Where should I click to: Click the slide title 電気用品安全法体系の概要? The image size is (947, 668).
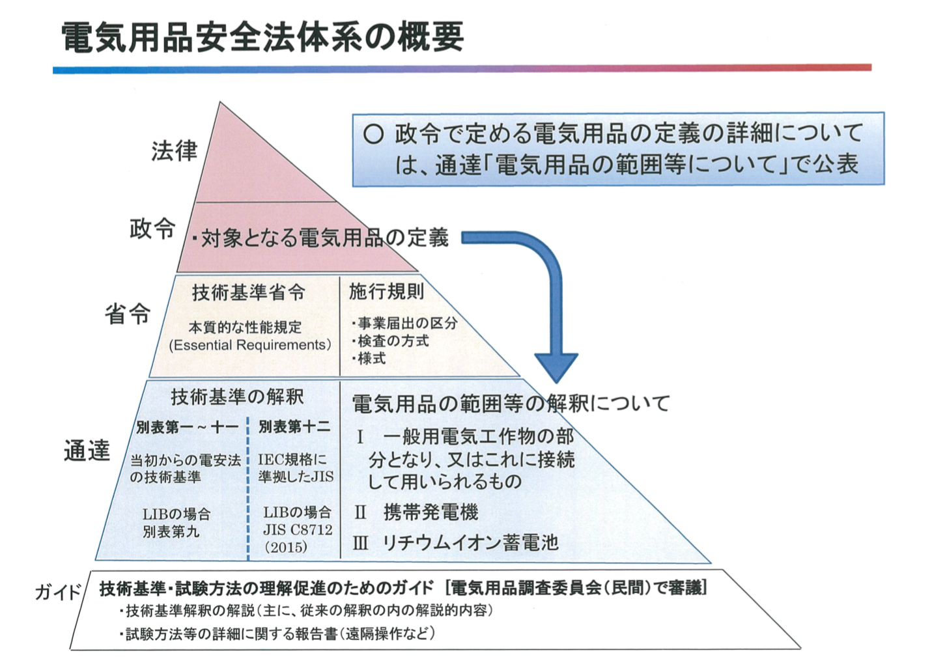(x=262, y=38)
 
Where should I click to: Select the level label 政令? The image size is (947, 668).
(x=152, y=229)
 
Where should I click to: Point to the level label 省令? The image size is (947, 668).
(x=127, y=313)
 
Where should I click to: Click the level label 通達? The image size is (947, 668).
(x=87, y=450)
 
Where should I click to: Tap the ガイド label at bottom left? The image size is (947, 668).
(x=58, y=592)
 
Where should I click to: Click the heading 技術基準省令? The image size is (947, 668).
(x=249, y=292)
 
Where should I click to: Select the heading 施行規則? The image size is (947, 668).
(x=386, y=291)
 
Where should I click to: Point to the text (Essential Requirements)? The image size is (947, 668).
(x=250, y=345)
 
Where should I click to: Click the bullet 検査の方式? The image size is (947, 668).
(x=390, y=341)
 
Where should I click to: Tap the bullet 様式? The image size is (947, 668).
(x=369, y=358)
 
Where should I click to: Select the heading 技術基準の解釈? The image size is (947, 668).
(x=237, y=397)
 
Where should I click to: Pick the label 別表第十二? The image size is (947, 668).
(x=294, y=427)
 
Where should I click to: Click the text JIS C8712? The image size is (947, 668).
(x=298, y=529)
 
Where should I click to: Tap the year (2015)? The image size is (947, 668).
(x=286, y=547)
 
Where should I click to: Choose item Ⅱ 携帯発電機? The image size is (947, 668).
(x=416, y=512)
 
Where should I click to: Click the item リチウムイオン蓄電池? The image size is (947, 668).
(x=471, y=542)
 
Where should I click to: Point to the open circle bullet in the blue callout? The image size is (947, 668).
(x=373, y=134)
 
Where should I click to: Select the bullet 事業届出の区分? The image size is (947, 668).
(x=404, y=323)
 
